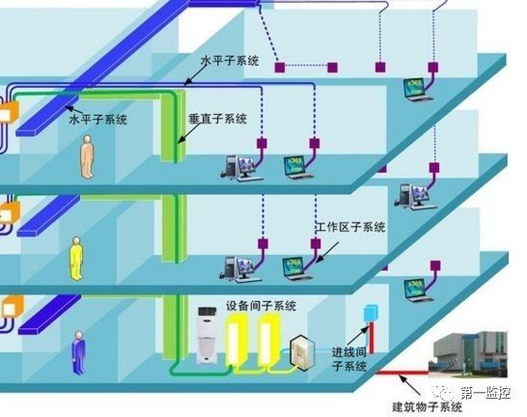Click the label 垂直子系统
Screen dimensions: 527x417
click(217, 119)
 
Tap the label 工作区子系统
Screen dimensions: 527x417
click(351, 227)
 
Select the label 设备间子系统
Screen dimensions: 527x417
click(261, 306)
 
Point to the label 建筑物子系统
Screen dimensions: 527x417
click(428, 407)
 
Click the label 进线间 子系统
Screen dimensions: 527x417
click(348, 359)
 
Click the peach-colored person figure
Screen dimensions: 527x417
click(87, 156)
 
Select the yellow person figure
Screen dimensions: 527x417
click(76, 258)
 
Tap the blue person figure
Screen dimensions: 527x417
click(79, 353)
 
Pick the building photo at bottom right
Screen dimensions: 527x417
click(467, 354)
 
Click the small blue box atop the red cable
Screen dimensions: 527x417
click(371, 313)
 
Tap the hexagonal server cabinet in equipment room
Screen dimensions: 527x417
click(302, 352)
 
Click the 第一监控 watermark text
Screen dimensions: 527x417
click(485, 393)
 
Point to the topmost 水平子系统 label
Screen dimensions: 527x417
click(230, 61)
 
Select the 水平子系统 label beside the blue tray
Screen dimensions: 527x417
click(98, 120)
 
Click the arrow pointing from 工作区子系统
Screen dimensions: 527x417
click(327, 252)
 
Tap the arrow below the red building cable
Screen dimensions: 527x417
click(409, 385)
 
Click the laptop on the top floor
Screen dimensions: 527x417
click(418, 90)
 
